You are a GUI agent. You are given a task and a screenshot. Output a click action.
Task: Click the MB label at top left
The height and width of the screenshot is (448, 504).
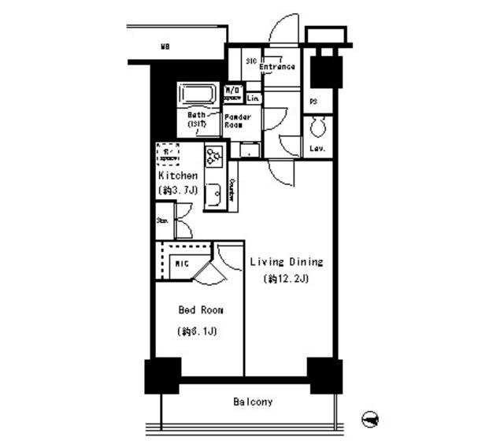pyautogui.click(x=165, y=47)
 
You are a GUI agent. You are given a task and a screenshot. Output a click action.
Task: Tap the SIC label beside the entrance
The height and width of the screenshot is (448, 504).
pyautogui.click(x=251, y=61)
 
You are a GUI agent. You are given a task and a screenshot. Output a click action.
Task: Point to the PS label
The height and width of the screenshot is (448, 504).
pyautogui.click(x=313, y=101)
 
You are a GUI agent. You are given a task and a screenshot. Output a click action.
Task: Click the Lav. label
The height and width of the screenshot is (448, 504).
pyautogui.click(x=318, y=149)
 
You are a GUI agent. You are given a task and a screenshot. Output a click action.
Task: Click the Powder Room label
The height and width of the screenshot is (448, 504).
pyautogui.click(x=238, y=121)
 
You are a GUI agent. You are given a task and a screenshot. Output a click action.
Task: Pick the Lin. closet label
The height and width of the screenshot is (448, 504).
pyautogui.click(x=253, y=98)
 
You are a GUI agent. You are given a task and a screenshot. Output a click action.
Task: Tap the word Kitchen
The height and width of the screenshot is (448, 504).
pyautogui.click(x=177, y=176)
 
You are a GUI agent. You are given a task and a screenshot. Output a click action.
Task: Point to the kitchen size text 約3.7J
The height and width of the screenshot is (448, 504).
pyautogui.click(x=177, y=191)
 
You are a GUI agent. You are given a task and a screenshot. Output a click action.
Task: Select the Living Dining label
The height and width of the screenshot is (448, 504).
pyautogui.click(x=287, y=262)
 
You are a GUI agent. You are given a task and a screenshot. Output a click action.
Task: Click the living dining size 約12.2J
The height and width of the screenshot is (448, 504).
pyautogui.click(x=287, y=279)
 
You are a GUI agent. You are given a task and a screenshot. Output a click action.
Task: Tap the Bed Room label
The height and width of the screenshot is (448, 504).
pyautogui.click(x=197, y=309)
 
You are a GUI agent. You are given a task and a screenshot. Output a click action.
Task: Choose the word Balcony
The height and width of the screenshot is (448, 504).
pyautogui.click(x=253, y=402)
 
